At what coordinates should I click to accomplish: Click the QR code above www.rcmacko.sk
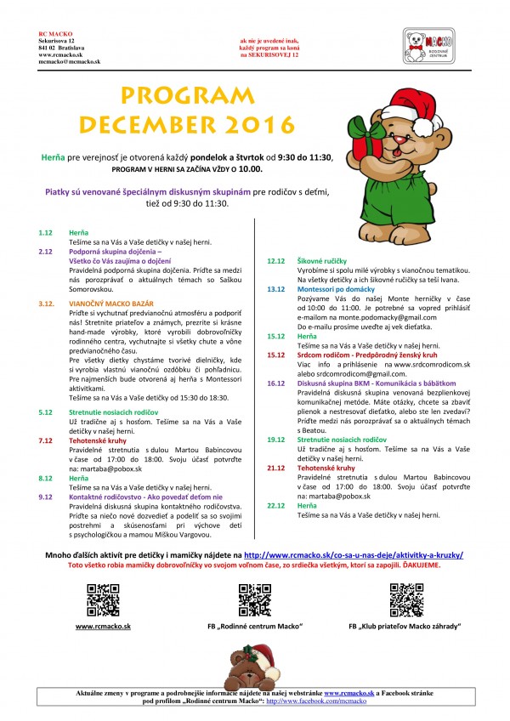pos(103,599)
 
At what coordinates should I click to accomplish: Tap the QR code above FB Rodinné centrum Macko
pos(254,599)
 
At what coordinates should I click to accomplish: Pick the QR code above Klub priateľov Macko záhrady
pos(405,599)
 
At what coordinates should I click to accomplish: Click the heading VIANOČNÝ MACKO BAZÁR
pos(110,302)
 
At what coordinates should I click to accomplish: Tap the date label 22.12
pos(275,505)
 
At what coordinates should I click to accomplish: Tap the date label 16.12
pos(275,383)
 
